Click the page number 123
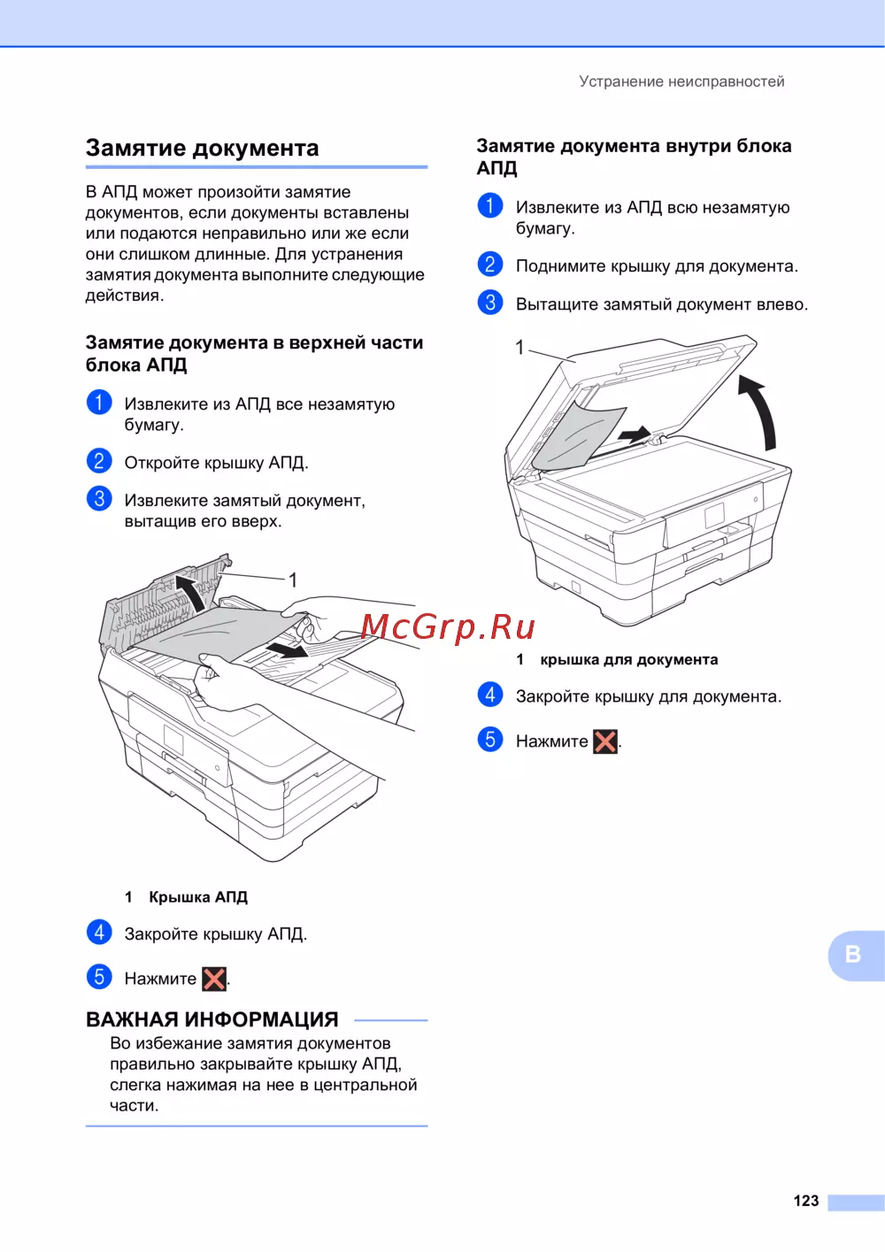[x=805, y=1200]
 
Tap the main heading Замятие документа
[x=203, y=148]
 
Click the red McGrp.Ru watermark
[x=448, y=627]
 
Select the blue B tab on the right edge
[x=856, y=956]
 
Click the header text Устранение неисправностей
[x=681, y=81]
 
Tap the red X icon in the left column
[x=214, y=979]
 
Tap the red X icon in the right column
[x=605, y=741]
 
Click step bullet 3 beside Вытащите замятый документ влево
[x=490, y=303]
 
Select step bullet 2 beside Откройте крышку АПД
[x=99, y=461]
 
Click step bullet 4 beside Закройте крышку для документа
[x=490, y=695]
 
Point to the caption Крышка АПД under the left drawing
[x=198, y=897]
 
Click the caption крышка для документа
[x=629, y=659]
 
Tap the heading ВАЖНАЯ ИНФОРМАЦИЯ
[x=212, y=1020]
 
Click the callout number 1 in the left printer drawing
[x=292, y=580]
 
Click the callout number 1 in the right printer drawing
[x=519, y=348]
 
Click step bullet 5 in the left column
[x=99, y=977]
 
